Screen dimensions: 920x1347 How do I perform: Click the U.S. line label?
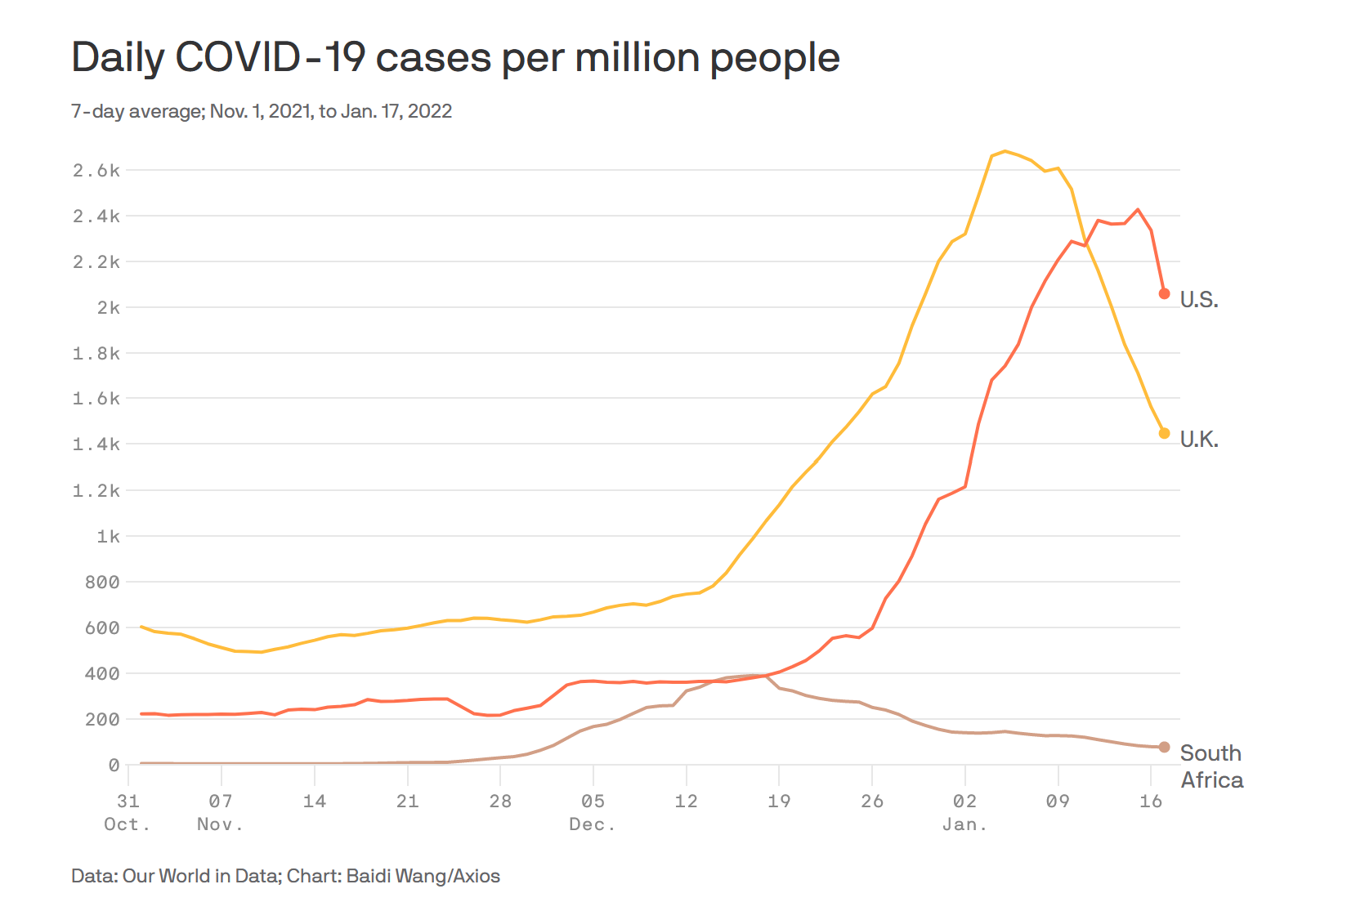(1198, 300)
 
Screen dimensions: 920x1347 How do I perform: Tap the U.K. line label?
(1198, 440)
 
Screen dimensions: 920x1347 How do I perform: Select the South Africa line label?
(1211, 766)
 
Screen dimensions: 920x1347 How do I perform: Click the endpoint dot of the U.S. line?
(1165, 293)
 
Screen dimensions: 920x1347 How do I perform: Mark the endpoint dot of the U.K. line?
(1165, 433)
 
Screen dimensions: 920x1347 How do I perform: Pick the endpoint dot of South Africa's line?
(1165, 747)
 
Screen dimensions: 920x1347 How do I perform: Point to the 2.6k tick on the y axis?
(96, 170)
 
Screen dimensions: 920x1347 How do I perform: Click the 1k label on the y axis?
(108, 536)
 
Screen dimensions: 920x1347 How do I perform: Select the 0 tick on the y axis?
(114, 765)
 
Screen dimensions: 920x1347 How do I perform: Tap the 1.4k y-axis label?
(96, 444)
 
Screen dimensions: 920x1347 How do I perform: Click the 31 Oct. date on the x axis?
(128, 811)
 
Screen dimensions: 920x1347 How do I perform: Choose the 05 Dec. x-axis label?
(593, 811)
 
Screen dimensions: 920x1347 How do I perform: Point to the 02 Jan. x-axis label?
(964, 811)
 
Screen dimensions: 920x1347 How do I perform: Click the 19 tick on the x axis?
(779, 801)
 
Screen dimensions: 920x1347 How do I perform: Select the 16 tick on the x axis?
(1151, 801)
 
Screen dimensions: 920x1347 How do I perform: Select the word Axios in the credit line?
(476, 876)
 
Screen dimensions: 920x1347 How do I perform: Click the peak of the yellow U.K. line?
(1005, 151)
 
